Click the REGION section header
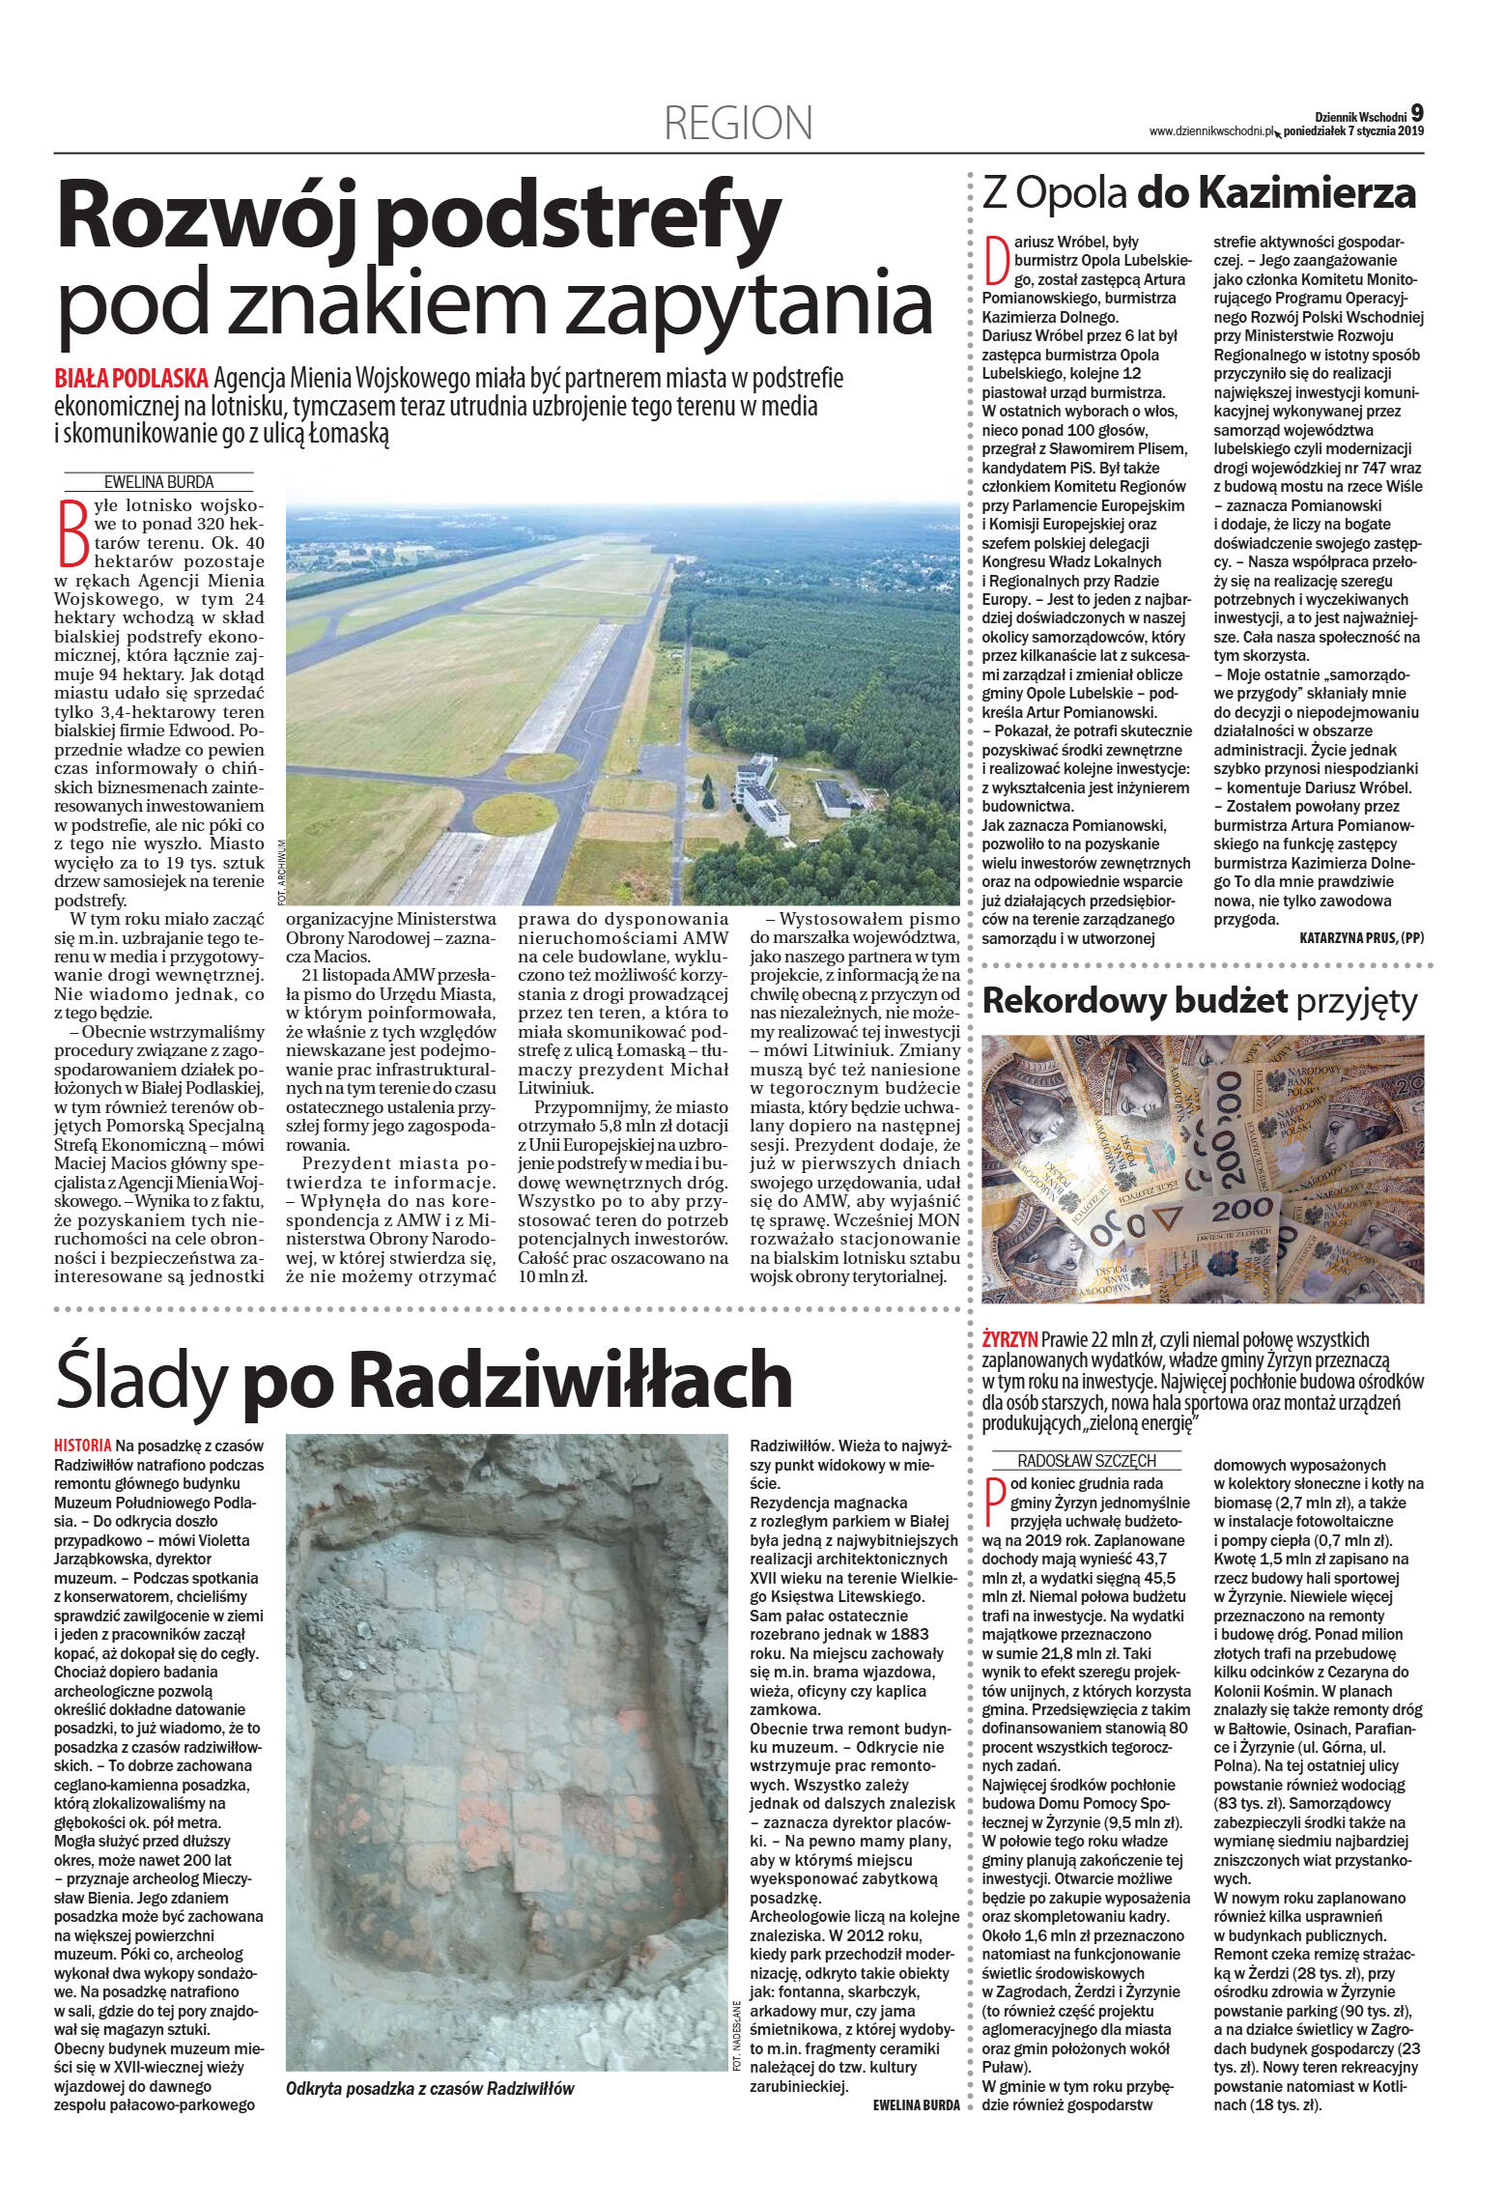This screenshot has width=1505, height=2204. pos(738,124)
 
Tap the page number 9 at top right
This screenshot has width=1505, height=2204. pos(1416,111)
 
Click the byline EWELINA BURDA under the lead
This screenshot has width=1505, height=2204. pos(159,481)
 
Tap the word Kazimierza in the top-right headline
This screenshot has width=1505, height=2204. pos(1308,193)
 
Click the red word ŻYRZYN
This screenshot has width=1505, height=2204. pos(1009,1338)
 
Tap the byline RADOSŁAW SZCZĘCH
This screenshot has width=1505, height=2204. pos(1073,1460)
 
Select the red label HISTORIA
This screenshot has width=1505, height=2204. pos(83,1445)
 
